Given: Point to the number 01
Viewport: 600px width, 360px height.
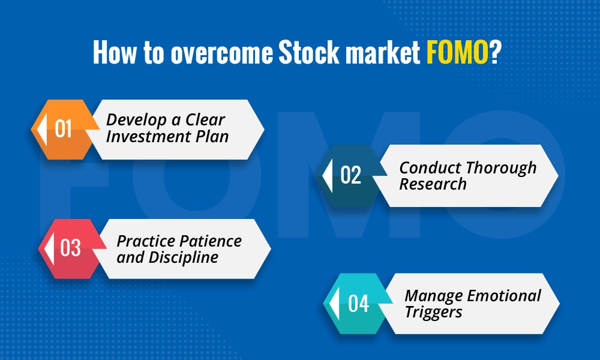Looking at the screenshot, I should point(64,129).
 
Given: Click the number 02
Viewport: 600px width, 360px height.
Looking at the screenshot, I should point(350,175).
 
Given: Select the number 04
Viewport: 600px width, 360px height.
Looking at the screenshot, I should point(358,304).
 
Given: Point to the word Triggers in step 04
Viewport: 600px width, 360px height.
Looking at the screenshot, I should point(433,311).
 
